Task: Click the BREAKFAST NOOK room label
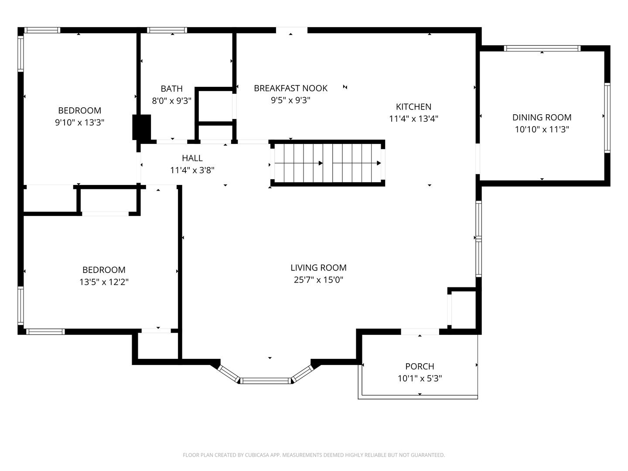pos(290,88)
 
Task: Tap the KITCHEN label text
pos(413,106)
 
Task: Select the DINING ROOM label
pos(542,117)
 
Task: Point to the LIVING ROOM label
pos(318,268)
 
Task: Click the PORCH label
pos(420,366)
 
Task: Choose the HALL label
pos(192,158)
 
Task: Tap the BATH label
pos(171,89)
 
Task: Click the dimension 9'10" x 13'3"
pos(79,123)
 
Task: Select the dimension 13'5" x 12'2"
pos(104,282)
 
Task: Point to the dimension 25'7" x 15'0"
pos(318,280)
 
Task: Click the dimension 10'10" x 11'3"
pos(542,130)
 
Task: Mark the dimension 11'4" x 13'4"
pos(413,119)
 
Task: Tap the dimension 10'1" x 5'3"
pos(420,379)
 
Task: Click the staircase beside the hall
pos(327,163)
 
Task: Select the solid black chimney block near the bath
pos(142,127)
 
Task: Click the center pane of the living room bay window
pos(266,381)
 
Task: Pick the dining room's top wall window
pos(542,48)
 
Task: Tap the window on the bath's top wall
pos(167,30)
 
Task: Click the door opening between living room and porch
pos(420,332)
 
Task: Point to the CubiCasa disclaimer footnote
pos(314,455)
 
